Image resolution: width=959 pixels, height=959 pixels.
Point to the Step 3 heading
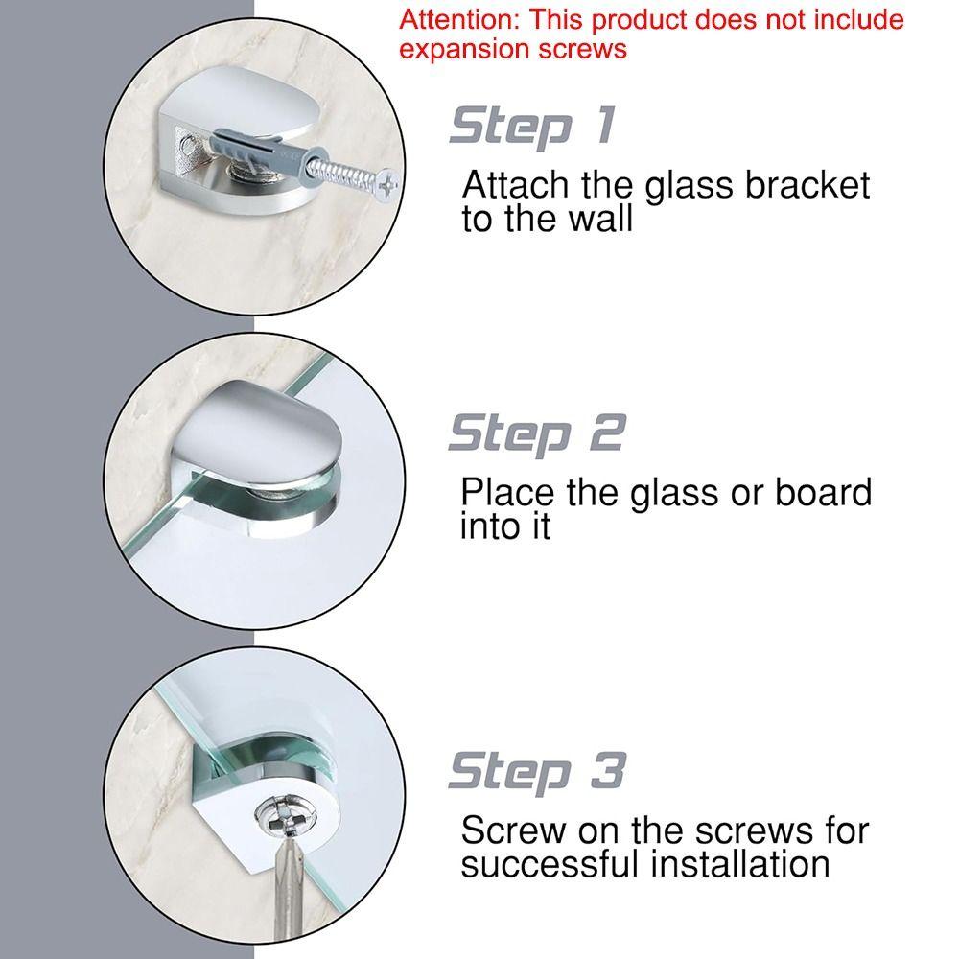click(x=536, y=770)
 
